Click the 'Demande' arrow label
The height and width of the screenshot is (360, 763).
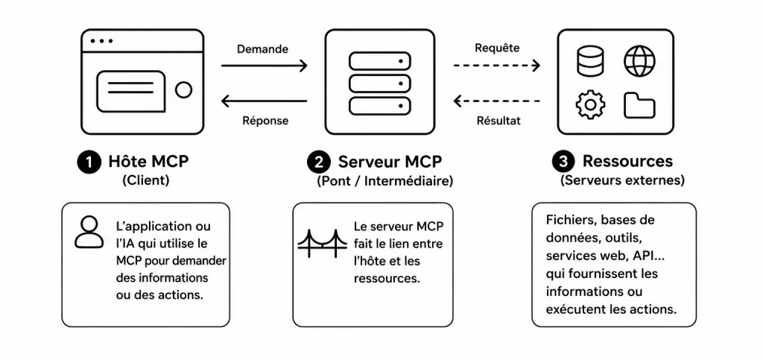262,49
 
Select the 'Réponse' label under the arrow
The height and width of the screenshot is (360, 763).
265,120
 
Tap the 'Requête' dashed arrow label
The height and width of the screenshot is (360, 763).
497,48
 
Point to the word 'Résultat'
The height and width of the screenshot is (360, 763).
498,120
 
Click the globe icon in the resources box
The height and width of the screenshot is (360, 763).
639,61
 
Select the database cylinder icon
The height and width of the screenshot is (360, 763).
590,61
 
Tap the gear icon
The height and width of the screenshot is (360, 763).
590,104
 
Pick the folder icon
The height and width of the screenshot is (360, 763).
639,105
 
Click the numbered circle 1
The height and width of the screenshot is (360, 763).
89,162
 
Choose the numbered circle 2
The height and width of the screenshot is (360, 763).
319,162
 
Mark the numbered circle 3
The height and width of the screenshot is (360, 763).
564,162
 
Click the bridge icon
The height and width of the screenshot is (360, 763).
322,243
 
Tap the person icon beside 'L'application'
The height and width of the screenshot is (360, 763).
89,233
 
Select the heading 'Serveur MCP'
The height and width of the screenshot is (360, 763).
390,162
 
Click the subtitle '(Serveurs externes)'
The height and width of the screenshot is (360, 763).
622,180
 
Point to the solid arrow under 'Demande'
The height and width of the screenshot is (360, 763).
265,66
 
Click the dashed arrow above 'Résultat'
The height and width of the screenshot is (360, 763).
497,101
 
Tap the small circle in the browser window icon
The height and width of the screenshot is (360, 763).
183,89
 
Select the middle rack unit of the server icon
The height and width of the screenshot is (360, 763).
380,83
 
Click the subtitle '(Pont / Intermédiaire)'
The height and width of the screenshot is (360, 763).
385,181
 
